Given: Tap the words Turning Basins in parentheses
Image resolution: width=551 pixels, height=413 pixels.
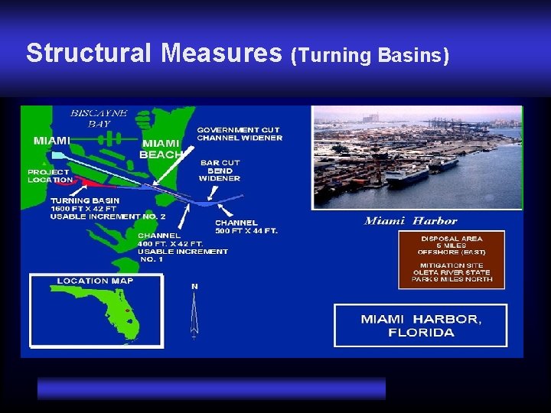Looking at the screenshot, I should point(370,55).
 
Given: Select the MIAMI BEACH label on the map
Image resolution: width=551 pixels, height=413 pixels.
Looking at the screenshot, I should point(161,148).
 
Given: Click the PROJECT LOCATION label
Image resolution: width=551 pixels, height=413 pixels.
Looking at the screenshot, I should point(51,176).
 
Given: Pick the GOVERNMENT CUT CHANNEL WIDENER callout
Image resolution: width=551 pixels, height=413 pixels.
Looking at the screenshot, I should point(240,134).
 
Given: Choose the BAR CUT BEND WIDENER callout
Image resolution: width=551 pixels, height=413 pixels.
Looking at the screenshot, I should point(220,171).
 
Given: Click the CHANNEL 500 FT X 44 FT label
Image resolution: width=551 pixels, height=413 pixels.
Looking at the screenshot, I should point(246,226).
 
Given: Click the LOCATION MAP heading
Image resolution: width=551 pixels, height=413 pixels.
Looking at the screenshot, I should point(95,280).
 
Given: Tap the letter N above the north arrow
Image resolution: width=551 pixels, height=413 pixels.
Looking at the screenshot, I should point(194,286).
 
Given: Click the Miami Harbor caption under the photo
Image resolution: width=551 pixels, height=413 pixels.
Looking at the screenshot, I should point(411,221).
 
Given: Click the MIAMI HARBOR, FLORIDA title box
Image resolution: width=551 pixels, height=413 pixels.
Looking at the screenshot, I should point(420,325).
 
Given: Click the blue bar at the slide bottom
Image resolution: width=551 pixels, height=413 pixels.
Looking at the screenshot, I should point(211,388).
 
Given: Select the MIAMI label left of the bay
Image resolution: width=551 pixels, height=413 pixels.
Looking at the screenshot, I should point(52,140).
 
